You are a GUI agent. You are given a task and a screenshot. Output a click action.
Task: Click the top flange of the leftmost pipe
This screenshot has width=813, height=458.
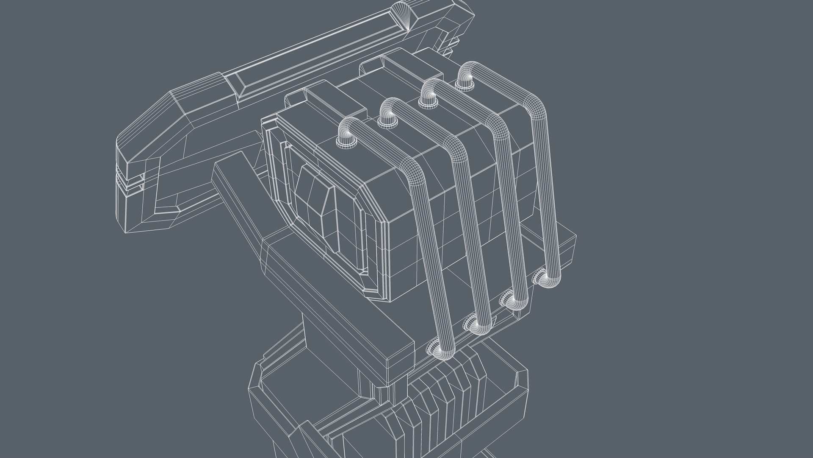point(346,142)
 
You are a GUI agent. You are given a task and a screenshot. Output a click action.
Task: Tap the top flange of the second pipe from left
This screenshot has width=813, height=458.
point(386,122)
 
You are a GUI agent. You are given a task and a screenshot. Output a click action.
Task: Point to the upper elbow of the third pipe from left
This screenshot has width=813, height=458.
point(496,125)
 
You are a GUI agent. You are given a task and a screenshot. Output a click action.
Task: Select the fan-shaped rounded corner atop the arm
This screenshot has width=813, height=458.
point(407,17)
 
